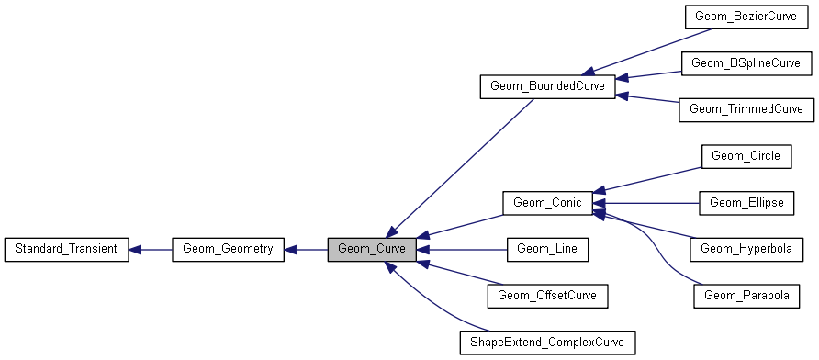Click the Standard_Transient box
pyautogui.click(x=65, y=249)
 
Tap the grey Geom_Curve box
pyautogui.click(x=372, y=249)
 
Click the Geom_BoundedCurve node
pyautogui.click(x=547, y=87)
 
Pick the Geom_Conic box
pyautogui.click(x=547, y=203)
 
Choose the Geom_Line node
pyautogui.click(x=547, y=249)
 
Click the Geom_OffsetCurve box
pyautogui.click(x=547, y=296)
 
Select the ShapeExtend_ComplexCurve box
pyautogui.click(x=547, y=343)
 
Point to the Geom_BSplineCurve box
pyautogui.click(x=746, y=63)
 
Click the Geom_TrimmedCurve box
pyautogui.click(x=746, y=109)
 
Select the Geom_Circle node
pyautogui.click(x=746, y=156)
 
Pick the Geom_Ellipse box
pyautogui.click(x=746, y=203)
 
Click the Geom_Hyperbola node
pyautogui.click(x=746, y=249)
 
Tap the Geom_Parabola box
pyautogui.click(x=746, y=296)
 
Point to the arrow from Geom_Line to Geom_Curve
pyautogui.click(x=463, y=249)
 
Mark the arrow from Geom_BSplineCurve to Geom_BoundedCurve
pyautogui.click(x=647, y=75)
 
